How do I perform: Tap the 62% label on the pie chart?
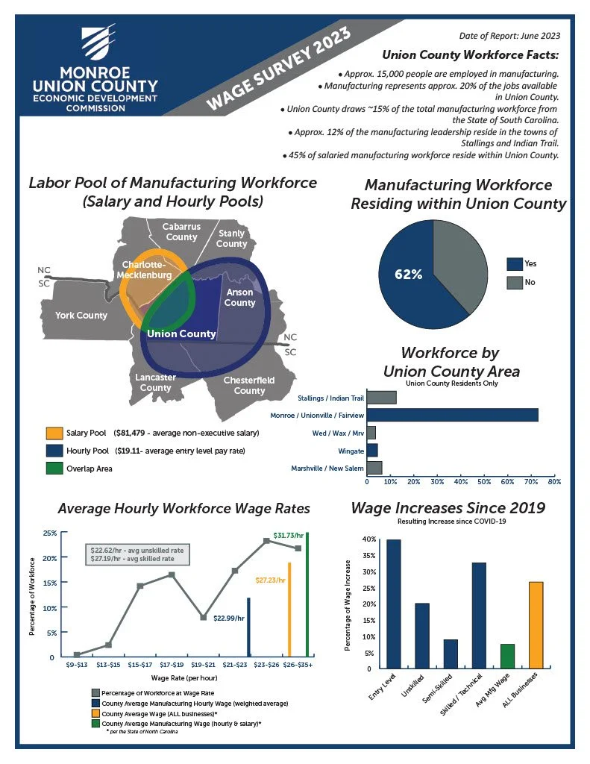(x=408, y=274)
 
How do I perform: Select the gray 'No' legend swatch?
(x=514, y=283)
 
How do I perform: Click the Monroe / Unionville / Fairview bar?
(x=452, y=415)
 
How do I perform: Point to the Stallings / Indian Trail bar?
(x=381, y=398)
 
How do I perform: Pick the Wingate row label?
(x=350, y=451)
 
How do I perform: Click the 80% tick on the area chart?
(x=554, y=482)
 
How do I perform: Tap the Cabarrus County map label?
(x=181, y=232)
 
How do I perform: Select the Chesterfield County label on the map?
(x=249, y=385)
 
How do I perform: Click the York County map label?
(x=81, y=316)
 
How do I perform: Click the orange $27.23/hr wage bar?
(x=289, y=609)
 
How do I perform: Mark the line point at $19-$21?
(x=203, y=618)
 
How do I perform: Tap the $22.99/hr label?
(x=229, y=618)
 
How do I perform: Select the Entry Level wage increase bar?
(x=393, y=604)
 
